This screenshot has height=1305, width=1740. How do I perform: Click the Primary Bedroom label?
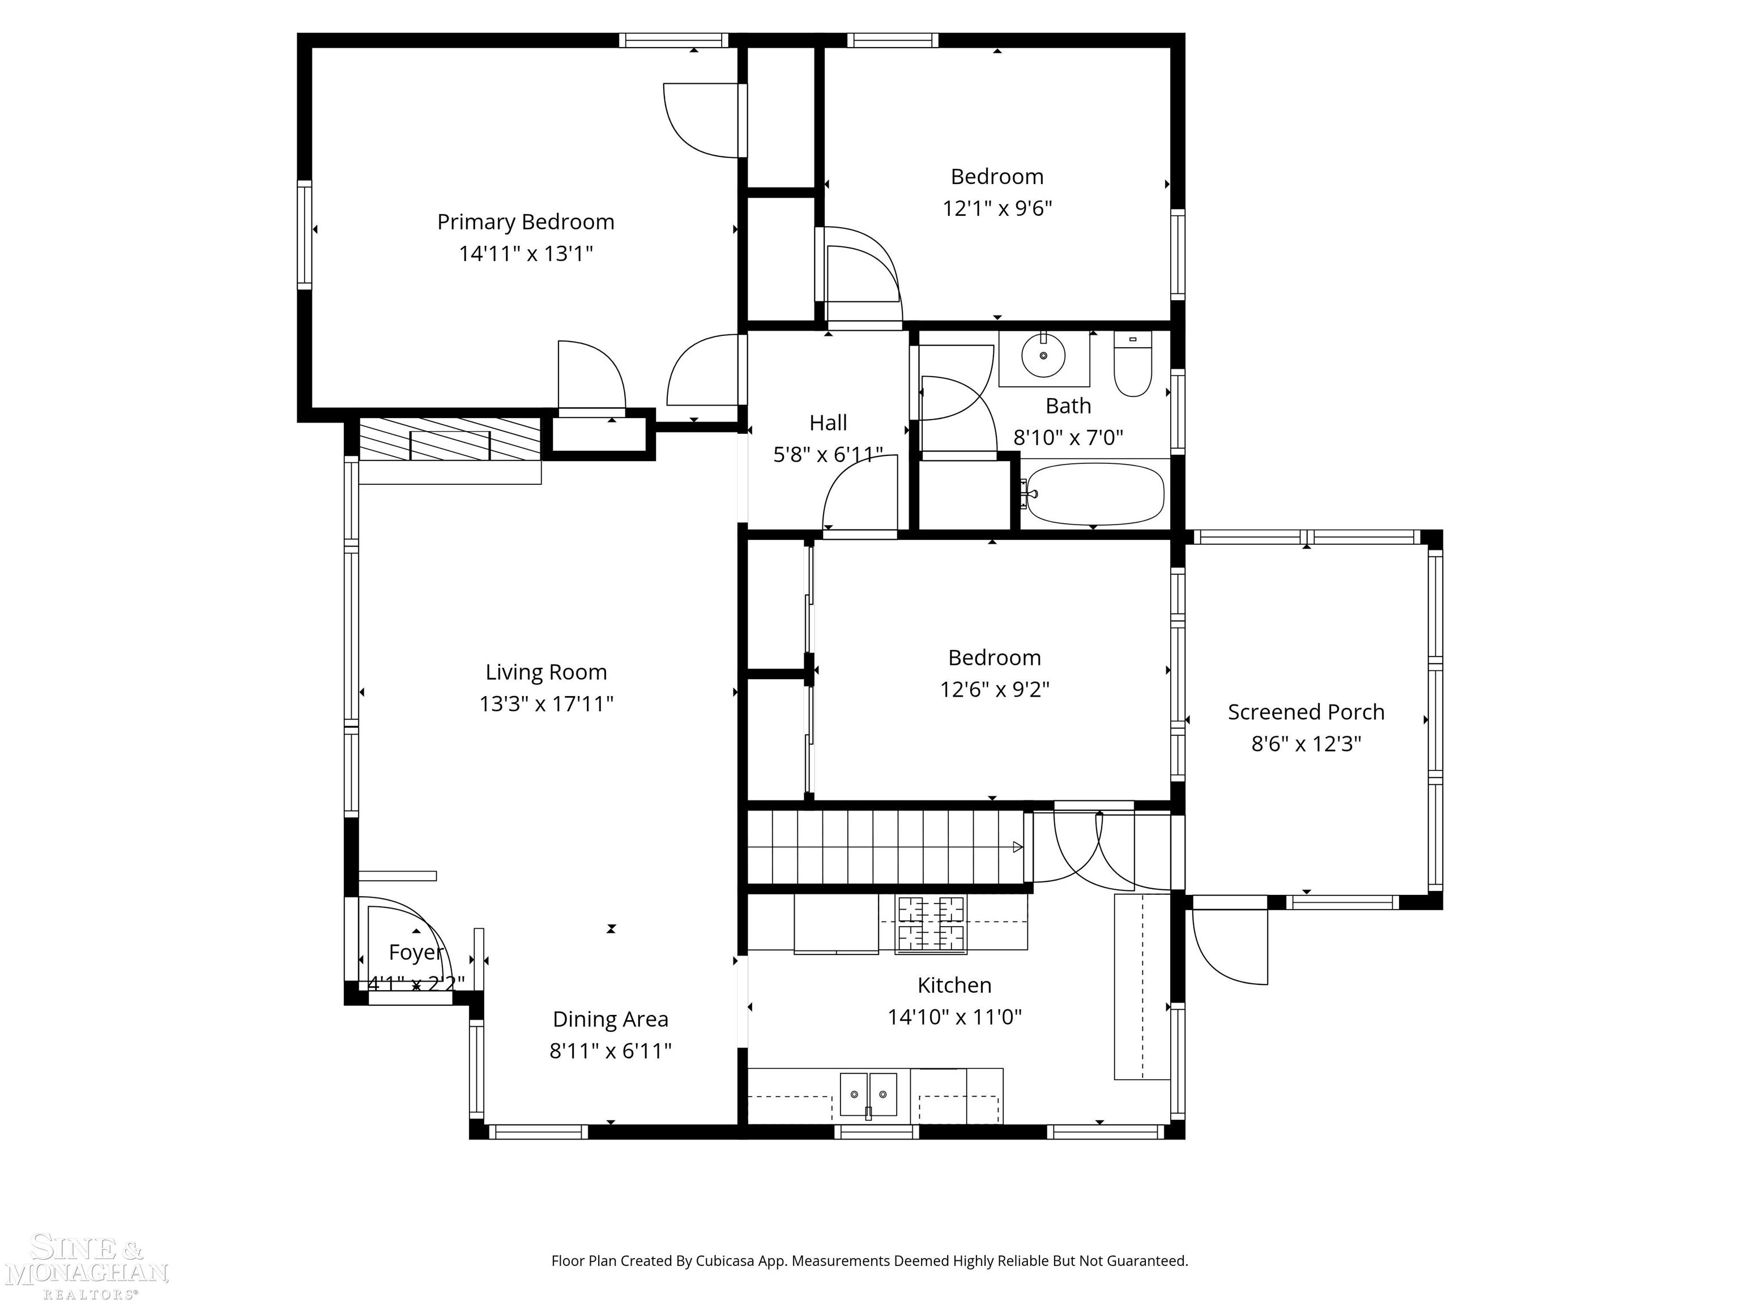pos(526,223)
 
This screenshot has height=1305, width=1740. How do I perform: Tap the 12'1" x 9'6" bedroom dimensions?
pos(997,208)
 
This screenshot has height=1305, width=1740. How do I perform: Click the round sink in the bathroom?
pos(1043,356)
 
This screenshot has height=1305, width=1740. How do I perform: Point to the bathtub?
pos(1094,494)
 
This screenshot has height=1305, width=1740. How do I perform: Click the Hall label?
pos(828,423)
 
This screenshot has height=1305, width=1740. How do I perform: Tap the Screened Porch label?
pos(1306,712)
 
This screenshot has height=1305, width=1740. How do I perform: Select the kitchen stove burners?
pos(931,924)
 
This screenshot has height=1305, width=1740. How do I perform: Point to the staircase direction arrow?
pos(1017,847)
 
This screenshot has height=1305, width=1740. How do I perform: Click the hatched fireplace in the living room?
pos(450,440)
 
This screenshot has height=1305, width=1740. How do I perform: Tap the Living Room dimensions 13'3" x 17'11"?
pos(546,703)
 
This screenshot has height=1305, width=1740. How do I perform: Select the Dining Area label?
pos(611,1020)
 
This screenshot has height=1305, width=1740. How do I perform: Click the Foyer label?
pos(416,953)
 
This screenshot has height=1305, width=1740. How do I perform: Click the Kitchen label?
pos(954,985)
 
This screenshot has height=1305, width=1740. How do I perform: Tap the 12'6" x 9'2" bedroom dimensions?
pos(994,690)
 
